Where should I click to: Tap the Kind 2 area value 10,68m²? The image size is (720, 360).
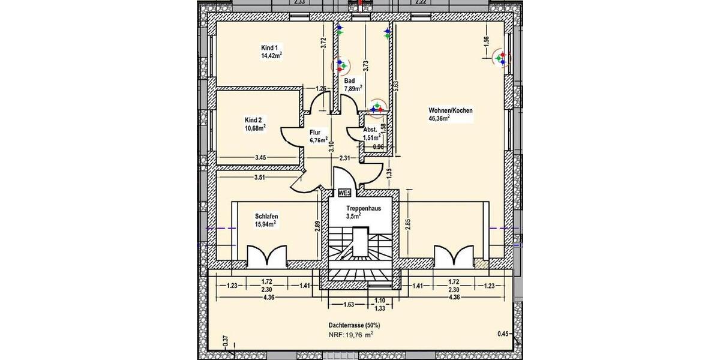255,127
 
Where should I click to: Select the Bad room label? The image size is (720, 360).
350,80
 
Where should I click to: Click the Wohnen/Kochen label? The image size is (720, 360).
451,111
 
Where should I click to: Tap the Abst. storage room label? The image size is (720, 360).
370,130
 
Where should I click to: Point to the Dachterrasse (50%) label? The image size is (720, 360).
354,325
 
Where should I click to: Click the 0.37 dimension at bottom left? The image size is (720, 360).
226,341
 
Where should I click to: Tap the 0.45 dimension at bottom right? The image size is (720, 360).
503,334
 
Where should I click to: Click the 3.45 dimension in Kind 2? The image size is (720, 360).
260,158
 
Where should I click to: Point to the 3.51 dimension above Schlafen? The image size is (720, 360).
260,178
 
